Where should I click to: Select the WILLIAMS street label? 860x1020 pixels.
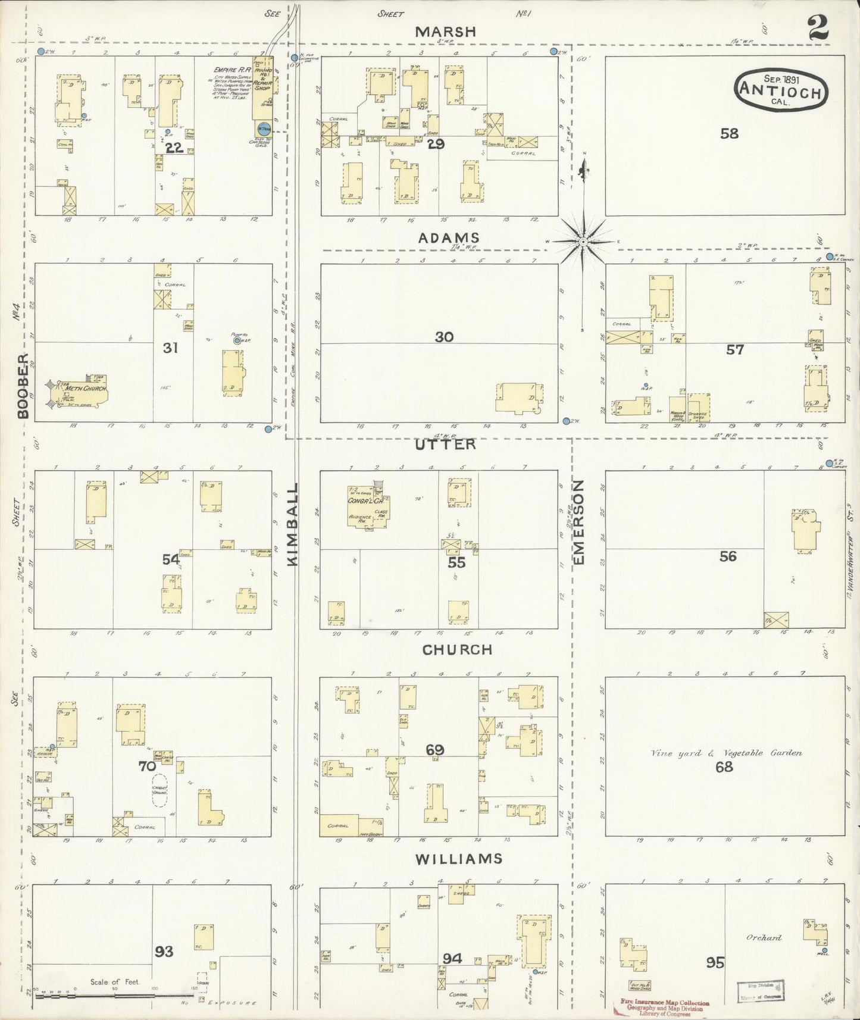[459, 859]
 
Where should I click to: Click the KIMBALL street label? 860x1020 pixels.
[293, 524]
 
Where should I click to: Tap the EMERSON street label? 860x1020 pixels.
[579, 522]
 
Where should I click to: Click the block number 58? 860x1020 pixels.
[729, 133]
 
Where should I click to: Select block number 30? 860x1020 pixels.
[444, 337]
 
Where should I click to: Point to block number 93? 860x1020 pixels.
[164, 951]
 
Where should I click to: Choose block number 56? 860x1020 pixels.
[728, 556]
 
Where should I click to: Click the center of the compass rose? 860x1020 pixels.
[584, 242]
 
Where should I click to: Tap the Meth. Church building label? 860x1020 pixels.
[86, 389]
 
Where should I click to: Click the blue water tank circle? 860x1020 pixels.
[263, 128]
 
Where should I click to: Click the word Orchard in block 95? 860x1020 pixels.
[764, 938]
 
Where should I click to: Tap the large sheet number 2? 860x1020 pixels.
[818, 29]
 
